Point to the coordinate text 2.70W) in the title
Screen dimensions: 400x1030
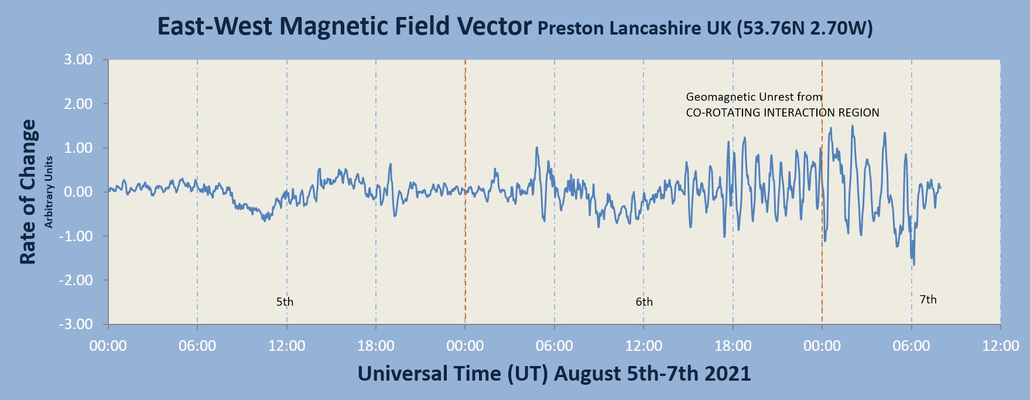tap(841, 28)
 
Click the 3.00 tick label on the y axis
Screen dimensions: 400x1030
tap(78, 60)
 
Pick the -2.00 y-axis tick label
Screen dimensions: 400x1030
tap(76, 280)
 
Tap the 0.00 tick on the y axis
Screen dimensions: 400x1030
tap(78, 192)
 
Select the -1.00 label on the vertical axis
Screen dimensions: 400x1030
tap(76, 236)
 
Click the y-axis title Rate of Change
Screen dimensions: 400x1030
tap(28, 192)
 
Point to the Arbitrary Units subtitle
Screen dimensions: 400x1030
tap(49, 192)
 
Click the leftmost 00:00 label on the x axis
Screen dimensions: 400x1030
tap(108, 346)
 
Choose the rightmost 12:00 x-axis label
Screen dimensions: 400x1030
tap(1000, 346)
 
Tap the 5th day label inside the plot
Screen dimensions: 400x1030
tap(285, 302)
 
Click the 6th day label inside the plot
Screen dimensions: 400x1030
tap(644, 302)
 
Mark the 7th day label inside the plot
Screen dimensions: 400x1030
tap(928, 300)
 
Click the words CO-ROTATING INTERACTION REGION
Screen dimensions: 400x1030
tap(782, 112)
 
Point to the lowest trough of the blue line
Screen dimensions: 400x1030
tap(914, 265)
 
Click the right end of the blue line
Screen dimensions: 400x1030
tap(940, 187)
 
